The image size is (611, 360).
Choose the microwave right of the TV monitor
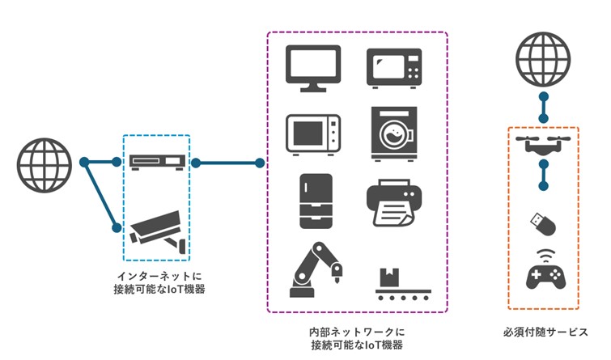tap(395, 68)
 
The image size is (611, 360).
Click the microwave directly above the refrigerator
tap(313, 133)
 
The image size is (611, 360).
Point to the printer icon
tap(395, 203)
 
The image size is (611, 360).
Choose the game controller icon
tap(543, 275)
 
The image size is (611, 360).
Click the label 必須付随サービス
tap(544, 332)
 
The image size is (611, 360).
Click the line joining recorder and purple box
tap(227, 163)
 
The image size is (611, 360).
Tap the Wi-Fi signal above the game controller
tap(543, 254)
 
